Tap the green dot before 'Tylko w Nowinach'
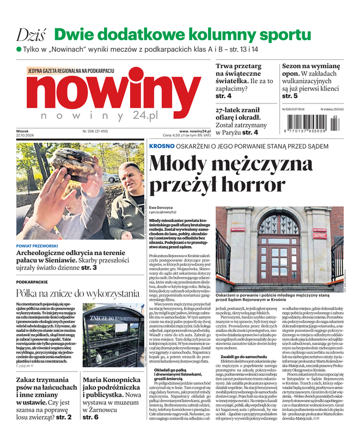[x=19, y=49]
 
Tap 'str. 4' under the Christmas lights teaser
[x=223, y=96]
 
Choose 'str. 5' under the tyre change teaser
[x=290, y=96]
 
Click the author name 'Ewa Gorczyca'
[x=162, y=208]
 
